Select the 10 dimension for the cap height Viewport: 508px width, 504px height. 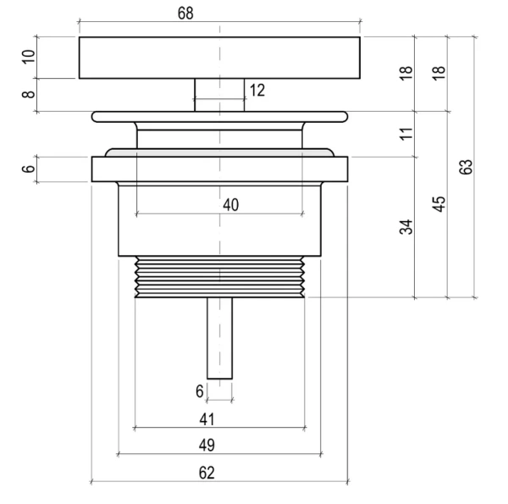click(28, 58)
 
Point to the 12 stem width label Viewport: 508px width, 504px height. click(257, 90)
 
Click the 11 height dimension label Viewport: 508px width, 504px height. click(407, 133)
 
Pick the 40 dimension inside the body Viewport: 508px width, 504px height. click(230, 204)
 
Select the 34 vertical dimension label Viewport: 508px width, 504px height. click(407, 227)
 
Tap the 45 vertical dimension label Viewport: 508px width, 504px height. click(439, 204)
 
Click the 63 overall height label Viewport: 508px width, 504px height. click(467, 166)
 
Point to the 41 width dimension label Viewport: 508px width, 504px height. click(207, 418)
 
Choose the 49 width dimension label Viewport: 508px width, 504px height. click(207, 445)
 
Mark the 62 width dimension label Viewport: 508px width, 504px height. click(207, 472)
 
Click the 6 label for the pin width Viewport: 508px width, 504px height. click(200, 391)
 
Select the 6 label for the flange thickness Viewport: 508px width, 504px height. click(28, 169)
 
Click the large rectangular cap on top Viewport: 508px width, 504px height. click(152, 58)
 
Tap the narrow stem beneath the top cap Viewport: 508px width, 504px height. click(207, 94)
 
